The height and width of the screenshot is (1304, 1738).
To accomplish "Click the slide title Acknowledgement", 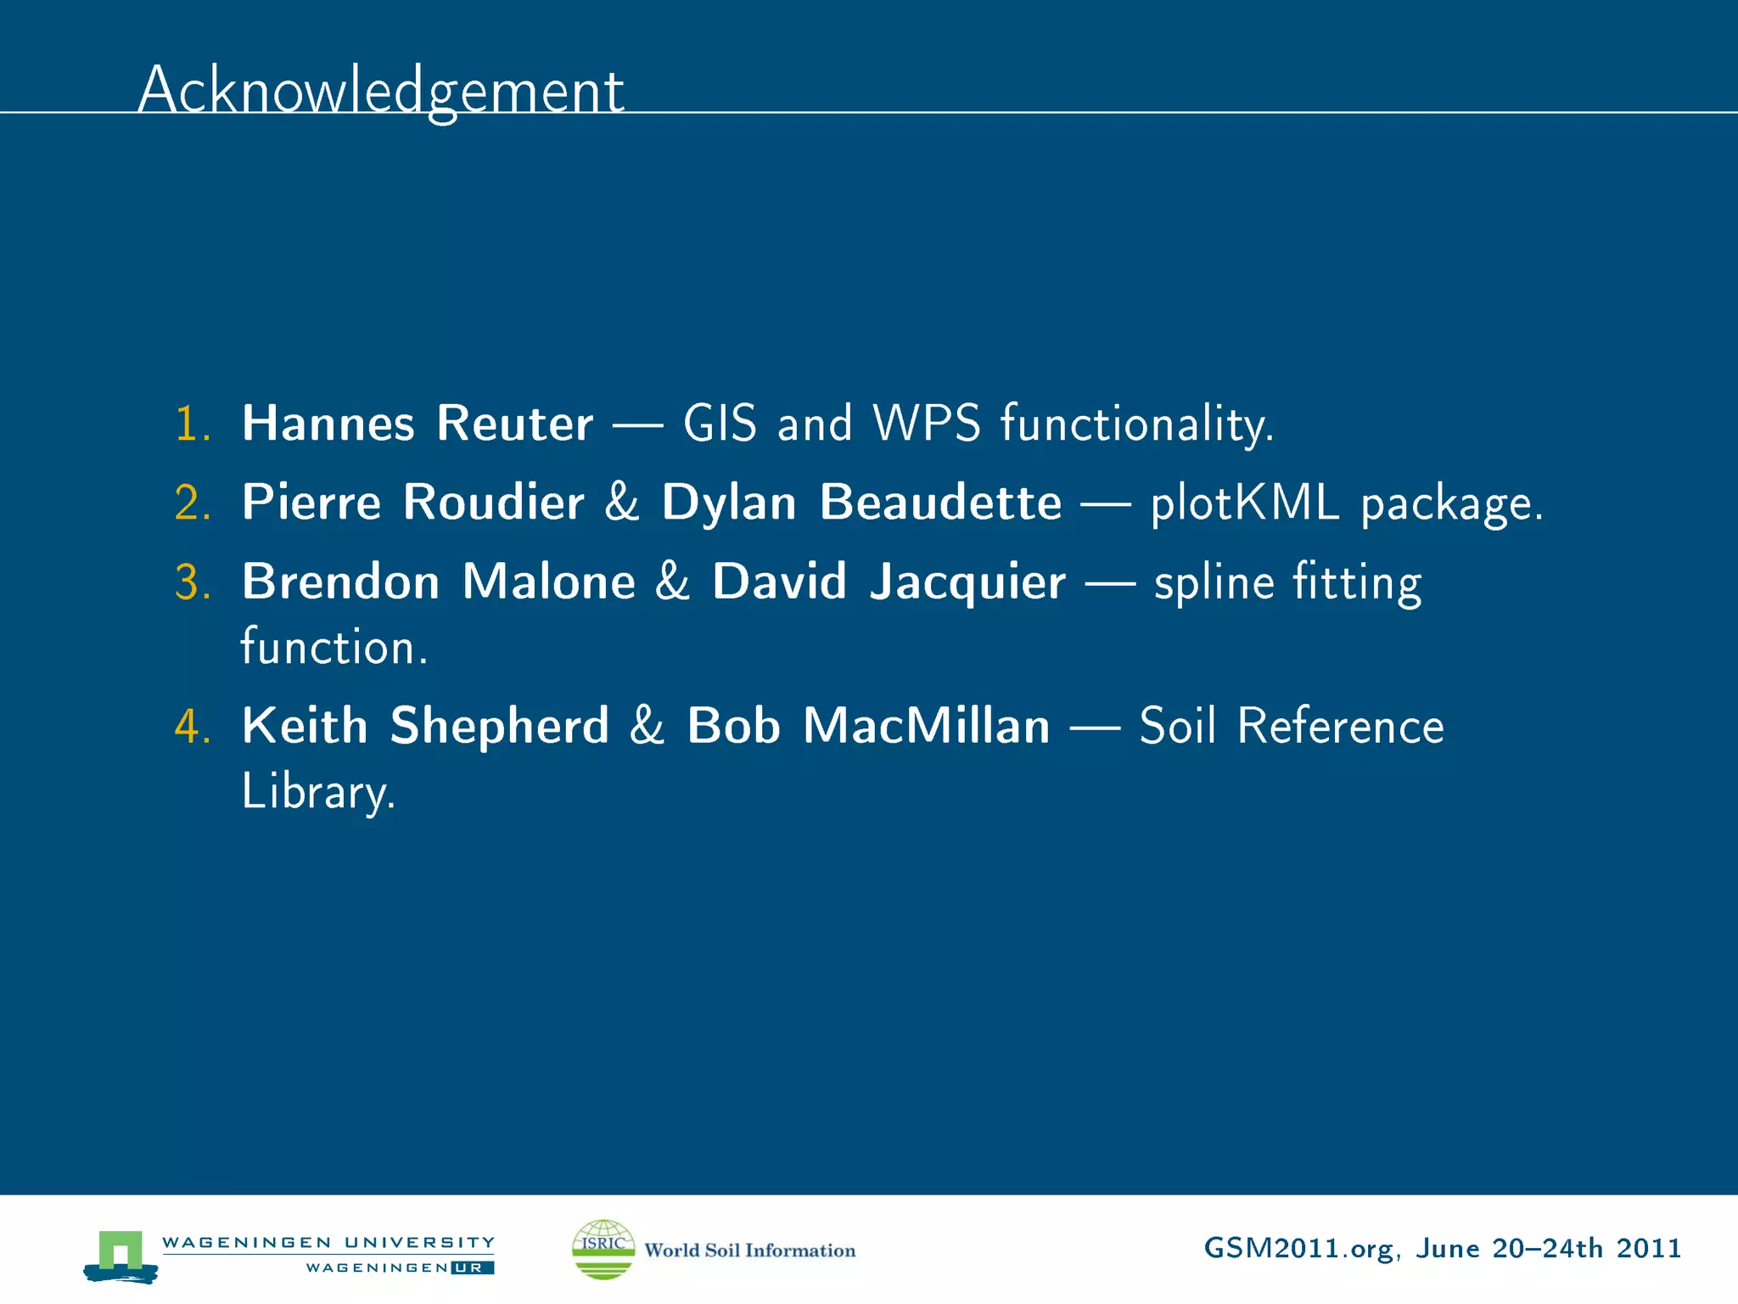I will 380,91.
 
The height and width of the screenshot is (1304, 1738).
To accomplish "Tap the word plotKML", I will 1245,503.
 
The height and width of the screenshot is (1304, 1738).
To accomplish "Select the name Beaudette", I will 940,503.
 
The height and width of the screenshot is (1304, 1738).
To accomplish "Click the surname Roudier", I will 493,503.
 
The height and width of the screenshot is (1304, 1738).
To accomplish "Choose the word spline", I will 1214,583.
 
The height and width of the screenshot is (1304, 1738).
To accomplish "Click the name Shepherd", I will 499,727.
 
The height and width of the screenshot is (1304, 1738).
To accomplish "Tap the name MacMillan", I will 927,727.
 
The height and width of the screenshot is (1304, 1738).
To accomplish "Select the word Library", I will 317,793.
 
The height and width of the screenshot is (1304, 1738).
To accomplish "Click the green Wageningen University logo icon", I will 121,1255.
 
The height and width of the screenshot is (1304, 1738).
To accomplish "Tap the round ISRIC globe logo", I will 603,1249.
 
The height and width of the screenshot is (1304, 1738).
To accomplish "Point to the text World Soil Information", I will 749,1251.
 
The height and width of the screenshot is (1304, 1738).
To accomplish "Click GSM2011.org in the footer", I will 1298,1249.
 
